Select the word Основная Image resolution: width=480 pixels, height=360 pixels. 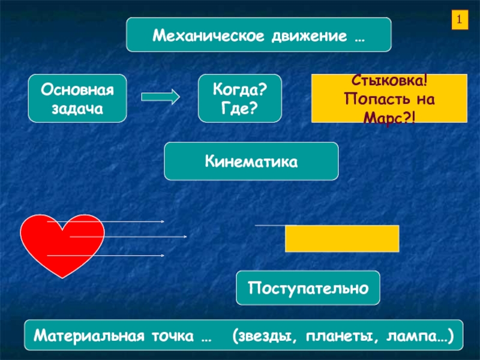click(x=77, y=90)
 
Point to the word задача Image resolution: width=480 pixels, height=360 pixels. click(x=77, y=109)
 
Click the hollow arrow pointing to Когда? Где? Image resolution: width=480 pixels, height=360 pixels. click(x=160, y=96)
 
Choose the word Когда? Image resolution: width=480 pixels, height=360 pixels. click(x=240, y=90)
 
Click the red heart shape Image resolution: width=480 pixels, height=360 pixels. click(x=60, y=243)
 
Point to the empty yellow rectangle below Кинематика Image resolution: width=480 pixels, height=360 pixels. click(x=342, y=238)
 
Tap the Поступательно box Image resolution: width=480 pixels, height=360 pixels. click(x=309, y=289)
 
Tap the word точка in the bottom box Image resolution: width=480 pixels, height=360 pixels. click(x=174, y=335)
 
